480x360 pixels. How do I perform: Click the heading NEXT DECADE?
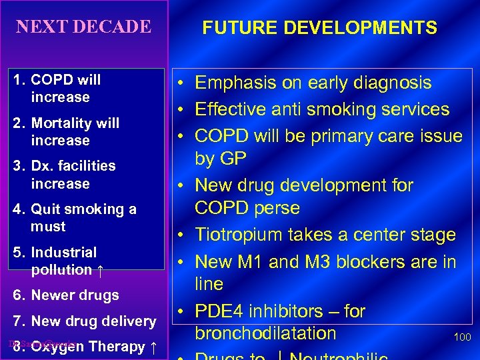83,27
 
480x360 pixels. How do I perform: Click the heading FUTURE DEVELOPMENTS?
320,27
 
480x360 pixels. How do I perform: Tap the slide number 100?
462,337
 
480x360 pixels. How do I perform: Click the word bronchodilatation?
265,333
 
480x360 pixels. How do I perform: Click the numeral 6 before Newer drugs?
17,295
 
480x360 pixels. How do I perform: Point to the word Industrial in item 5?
63,253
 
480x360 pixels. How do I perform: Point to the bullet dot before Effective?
182,109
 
